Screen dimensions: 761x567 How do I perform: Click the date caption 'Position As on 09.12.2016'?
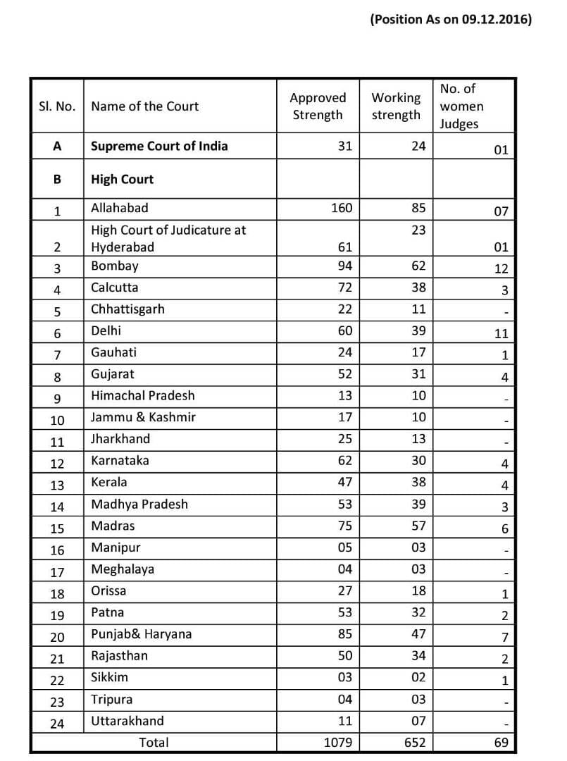coord(451,20)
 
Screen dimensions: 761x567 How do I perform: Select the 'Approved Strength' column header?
coord(318,106)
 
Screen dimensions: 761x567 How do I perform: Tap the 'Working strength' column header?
coord(396,106)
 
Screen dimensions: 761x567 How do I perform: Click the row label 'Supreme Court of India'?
coord(159,147)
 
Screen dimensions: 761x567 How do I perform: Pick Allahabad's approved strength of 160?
coord(342,209)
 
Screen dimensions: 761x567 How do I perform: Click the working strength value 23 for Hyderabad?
coord(418,230)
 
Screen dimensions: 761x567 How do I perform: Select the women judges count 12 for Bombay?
coord(501,269)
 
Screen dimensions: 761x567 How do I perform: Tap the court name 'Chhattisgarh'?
coord(127,309)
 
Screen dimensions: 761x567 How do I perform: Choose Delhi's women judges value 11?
coord(501,334)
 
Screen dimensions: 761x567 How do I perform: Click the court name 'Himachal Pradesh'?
coord(143,396)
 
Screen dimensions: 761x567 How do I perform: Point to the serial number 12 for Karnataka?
coord(57,464)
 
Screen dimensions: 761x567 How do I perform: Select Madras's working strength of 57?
coord(418,526)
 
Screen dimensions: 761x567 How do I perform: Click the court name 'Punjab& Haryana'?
coord(142,634)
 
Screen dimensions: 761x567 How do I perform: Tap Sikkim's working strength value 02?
coord(418,678)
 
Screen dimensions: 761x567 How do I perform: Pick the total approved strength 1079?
coord(338,743)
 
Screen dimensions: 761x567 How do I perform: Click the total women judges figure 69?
coord(501,743)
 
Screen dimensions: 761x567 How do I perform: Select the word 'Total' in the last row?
coord(154,743)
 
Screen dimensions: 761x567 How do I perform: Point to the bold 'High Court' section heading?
coord(122,180)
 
